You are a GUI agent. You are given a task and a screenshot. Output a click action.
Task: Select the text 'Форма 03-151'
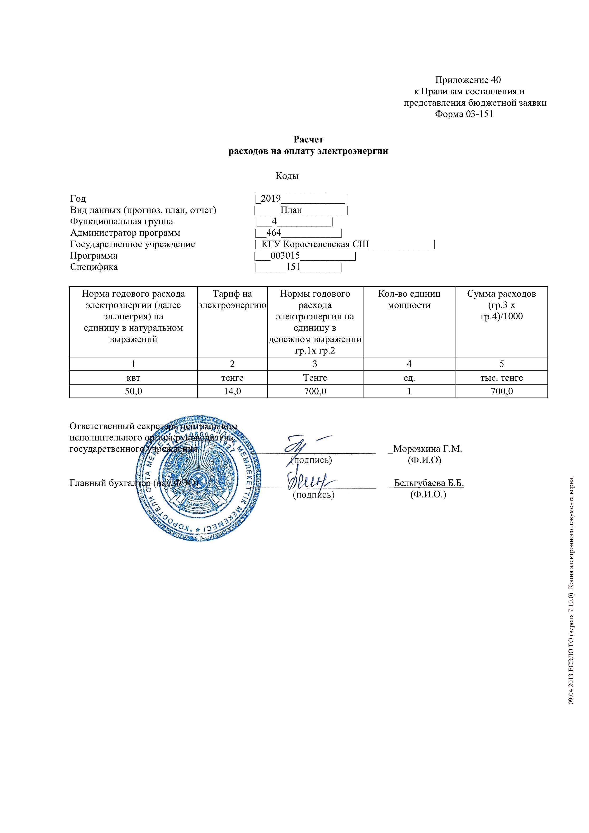pyautogui.click(x=464, y=114)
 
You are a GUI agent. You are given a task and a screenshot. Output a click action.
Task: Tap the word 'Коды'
pyautogui.click(x=287, y=176)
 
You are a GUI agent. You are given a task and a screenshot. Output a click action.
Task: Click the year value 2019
pyautogui.click(x=271, y=199)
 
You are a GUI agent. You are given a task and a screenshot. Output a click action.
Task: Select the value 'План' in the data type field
pyautogui.click(x=291, y=210)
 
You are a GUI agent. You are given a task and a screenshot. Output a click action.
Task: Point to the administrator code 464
pyautogui.click(x=273, y=233)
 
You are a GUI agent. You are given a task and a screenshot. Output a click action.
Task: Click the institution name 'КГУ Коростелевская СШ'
pyautogui.click(x=315, y=244)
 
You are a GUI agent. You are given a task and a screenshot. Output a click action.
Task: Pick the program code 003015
pyautogui.click(x=285, y=256)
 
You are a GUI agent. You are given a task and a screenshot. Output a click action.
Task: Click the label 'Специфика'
pyautogui.click(x=94, y=267)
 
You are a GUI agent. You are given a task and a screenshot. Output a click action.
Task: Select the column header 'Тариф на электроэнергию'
pyautogui.click(x=232, y=299)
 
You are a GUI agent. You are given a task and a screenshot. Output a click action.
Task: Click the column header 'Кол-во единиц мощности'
pyautogui.click(x=409, y=299)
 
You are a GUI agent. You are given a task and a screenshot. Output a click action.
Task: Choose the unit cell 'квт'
pyautogui.click(x=133, y=378)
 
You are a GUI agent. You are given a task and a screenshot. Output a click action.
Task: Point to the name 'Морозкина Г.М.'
pyautogui.click(x=427, y=449)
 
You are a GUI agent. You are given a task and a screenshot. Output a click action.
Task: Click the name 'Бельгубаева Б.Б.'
pyautogui.click(x=429, y=483)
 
